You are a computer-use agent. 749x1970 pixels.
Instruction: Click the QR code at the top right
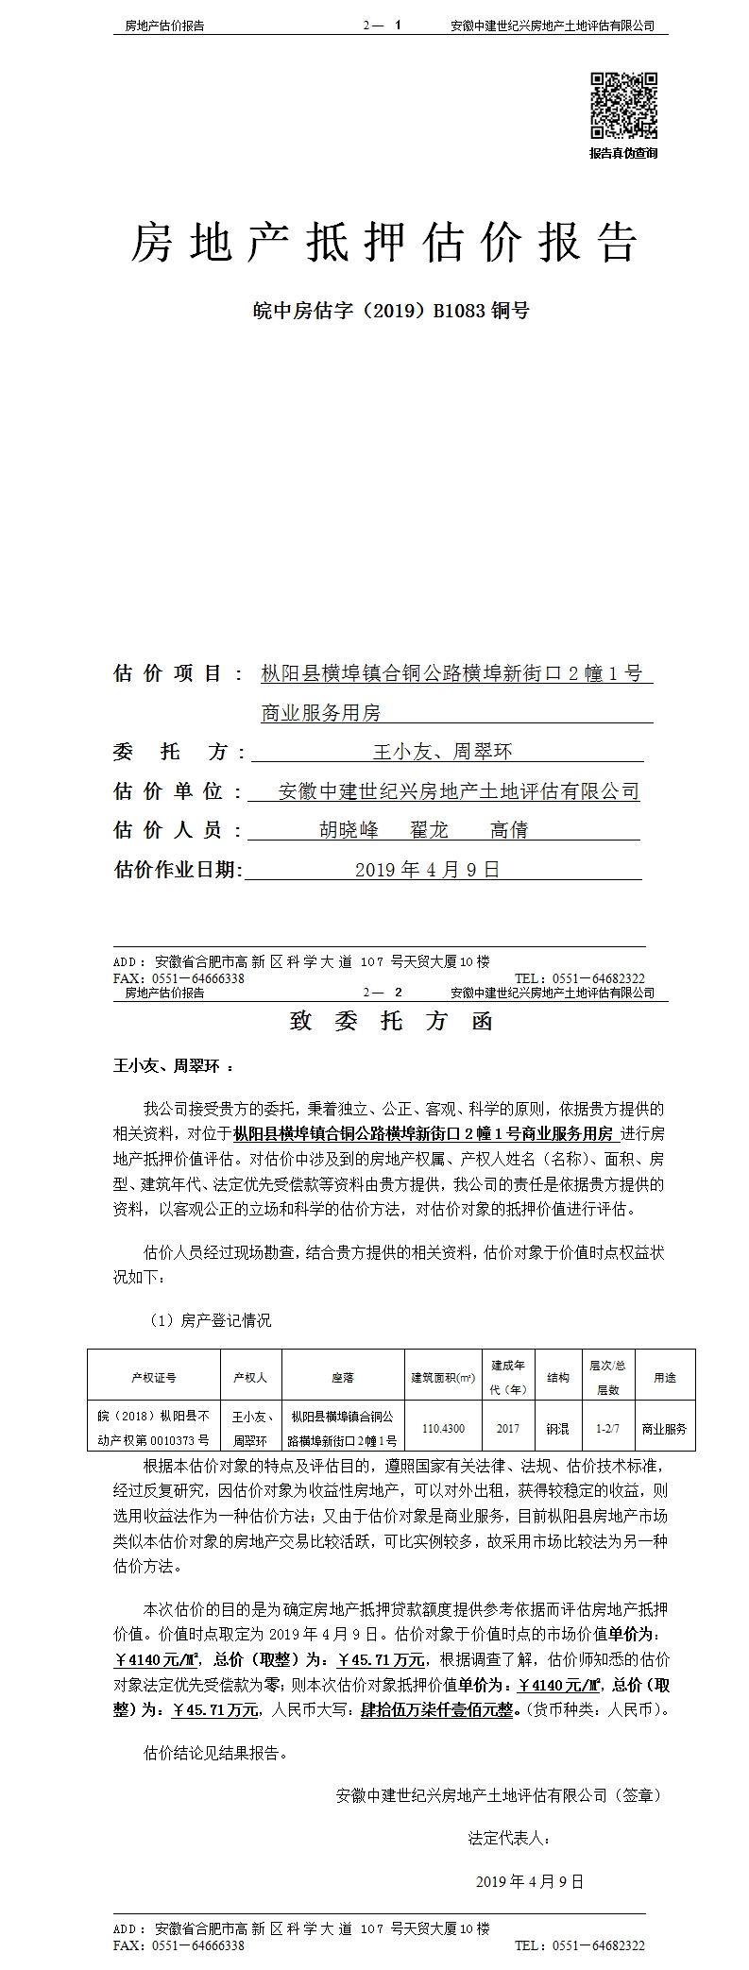(x=624, y=107)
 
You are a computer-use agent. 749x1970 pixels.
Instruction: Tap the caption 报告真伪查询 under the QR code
(x=623, y=153)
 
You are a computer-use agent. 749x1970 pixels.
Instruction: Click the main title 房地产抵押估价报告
(x=383, y=244)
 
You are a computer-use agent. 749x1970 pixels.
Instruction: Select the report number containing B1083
(x=384, y=310)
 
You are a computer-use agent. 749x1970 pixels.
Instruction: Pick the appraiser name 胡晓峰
(x=349, y=830)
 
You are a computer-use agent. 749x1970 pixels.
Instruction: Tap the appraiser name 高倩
(x=509, y=830)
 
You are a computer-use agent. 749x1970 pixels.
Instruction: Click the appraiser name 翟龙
(x=429, y=830)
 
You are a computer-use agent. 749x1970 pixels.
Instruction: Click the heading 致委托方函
(x=391, y=1022)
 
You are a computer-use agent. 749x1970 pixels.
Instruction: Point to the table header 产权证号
(x=153, y=1378)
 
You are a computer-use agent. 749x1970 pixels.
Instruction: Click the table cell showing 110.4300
(x=443, y=1429)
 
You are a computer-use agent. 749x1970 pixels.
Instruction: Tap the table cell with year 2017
(x=507, y=1429)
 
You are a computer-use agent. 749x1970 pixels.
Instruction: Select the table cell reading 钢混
(x=557, y=1429)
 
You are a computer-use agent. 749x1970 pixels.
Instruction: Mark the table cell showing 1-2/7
(x=606, y=1429)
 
